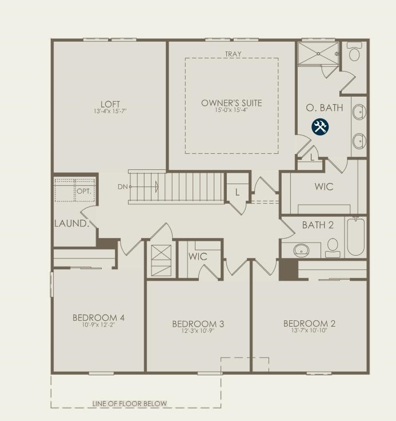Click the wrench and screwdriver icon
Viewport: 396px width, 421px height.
(320, 126)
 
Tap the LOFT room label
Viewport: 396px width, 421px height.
(110, 104)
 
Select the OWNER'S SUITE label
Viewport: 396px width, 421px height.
(231, 103)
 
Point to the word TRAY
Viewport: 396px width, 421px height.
(233, 54)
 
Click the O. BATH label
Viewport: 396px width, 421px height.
(324, 108)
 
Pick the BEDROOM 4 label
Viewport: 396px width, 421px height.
(98, 317)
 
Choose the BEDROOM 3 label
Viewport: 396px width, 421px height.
(198, 324)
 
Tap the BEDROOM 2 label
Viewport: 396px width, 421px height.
(309, 323)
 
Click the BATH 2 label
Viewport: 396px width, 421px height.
(318, 225)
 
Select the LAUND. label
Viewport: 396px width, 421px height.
(72, 223)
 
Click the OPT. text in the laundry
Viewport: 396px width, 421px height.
(84, 191)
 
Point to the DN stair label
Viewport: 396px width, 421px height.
(122, 186)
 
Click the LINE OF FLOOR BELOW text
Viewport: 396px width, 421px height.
(130, 403)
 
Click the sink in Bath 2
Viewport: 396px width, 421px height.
(300, 249)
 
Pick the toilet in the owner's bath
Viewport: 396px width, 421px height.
(354, 54)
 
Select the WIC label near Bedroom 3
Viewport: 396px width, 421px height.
(198, 256)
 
